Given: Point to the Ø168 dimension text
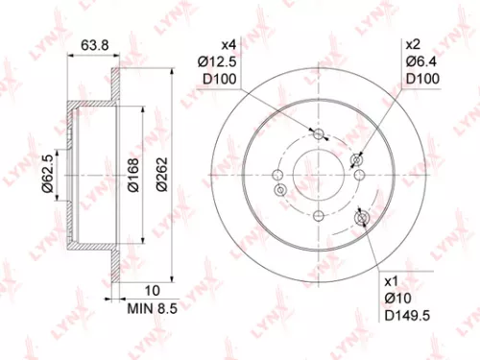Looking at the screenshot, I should pos(134,174).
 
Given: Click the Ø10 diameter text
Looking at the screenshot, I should pos(398,300).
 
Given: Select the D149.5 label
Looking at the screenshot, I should pos(407,315).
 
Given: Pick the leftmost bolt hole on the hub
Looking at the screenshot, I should pos(277,175).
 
